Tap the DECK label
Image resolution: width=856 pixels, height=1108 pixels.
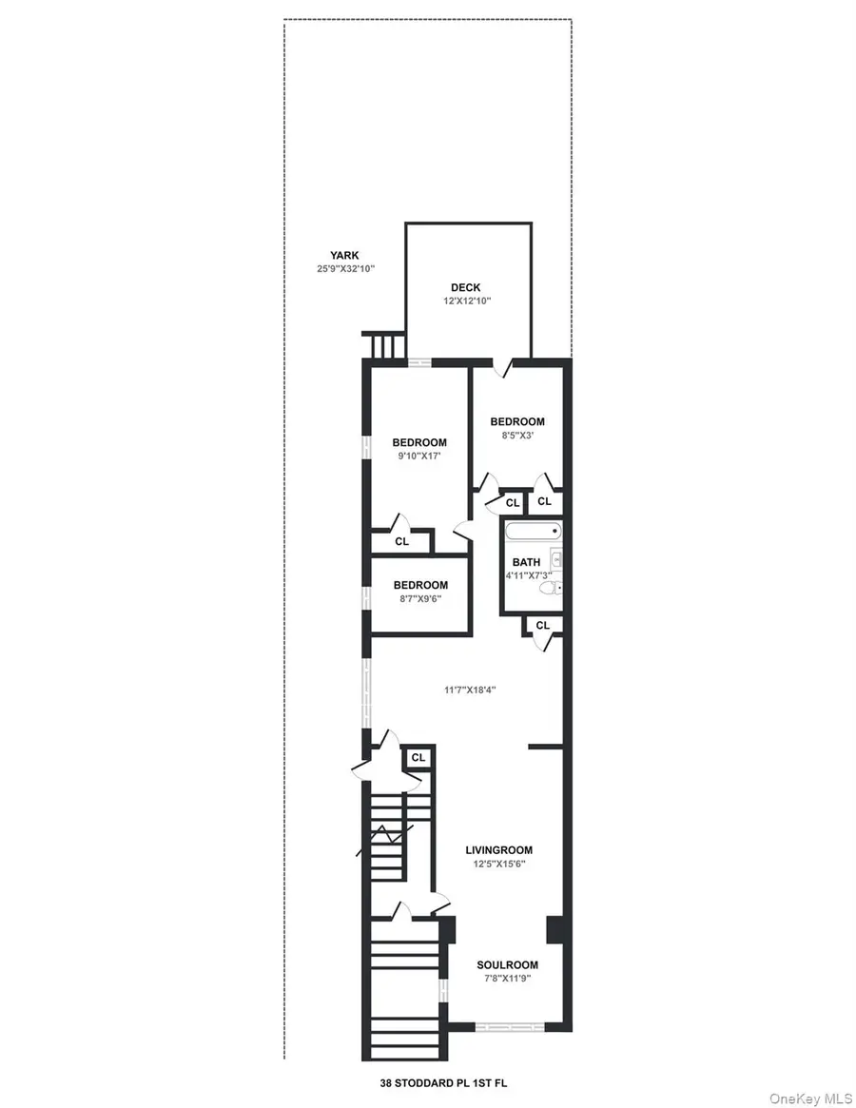coord(466,287)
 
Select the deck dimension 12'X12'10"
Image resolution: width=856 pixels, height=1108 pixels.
coord(466,301)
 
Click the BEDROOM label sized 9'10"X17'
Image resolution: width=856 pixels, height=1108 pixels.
coord(419,442)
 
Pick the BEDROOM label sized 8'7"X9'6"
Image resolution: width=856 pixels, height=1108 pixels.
coord(419,585)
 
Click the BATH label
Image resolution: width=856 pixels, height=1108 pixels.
coord(526,562)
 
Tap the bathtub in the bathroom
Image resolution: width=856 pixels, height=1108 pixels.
coord(533,533)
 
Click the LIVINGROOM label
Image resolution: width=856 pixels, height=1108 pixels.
coord(498,850)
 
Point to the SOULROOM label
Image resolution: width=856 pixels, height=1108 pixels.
coord(507,964)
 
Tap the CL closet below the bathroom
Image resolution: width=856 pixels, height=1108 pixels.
coord(542,625)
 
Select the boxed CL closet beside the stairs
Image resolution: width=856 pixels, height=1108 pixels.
coord(418,758)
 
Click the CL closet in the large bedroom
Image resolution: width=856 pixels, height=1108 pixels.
coord(401,541)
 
